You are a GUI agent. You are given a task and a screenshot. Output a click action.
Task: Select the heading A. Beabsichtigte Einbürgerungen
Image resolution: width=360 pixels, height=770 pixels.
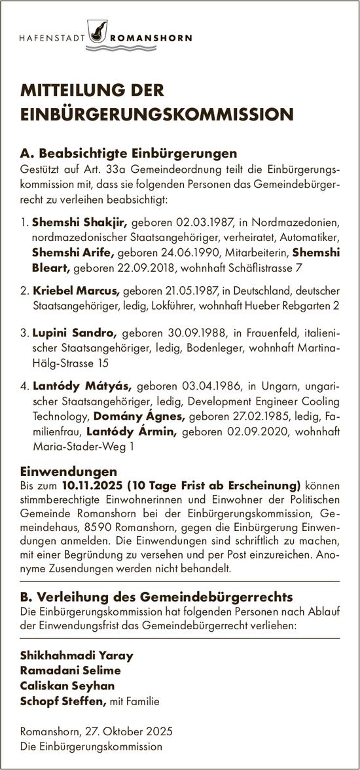click(128, 154)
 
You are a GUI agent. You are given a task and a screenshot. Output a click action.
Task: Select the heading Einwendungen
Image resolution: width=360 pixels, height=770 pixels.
click(69, 471)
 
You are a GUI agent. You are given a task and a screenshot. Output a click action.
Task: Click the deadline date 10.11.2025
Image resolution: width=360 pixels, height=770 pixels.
click(94, 485)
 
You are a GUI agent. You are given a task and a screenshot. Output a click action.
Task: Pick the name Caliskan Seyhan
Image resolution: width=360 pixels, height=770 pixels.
click(68, 685)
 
